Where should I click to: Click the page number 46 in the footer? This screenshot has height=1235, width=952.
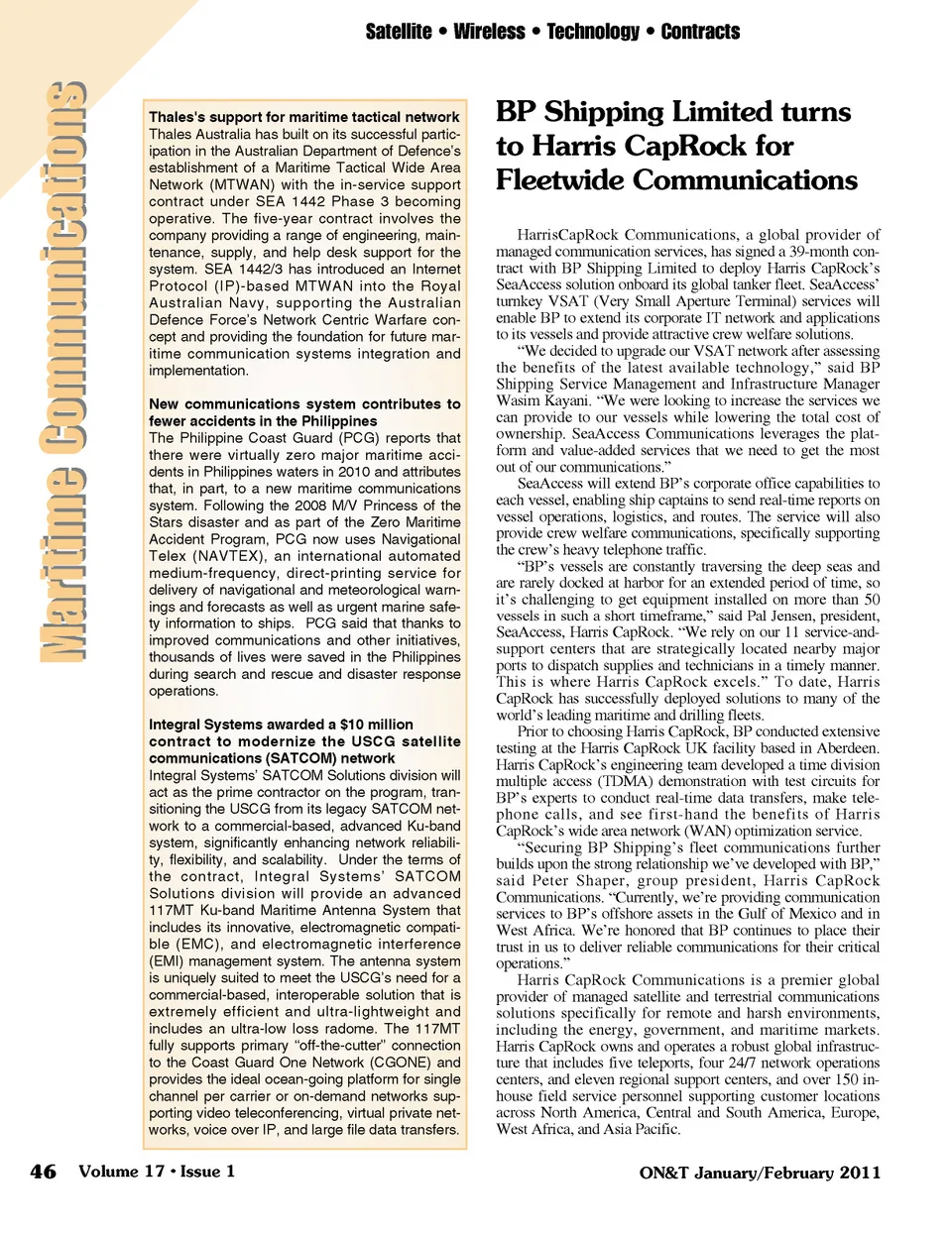click(43, 1172)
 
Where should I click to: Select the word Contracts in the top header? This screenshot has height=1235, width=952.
click(700, 32)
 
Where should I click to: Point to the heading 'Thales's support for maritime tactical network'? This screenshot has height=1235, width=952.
click(304, 117)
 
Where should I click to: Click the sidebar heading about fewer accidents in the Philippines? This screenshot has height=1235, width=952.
click(304, 412)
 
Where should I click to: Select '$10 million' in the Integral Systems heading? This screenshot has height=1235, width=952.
click(375, 725)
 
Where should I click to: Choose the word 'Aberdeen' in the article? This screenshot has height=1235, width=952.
click(849, 748)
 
